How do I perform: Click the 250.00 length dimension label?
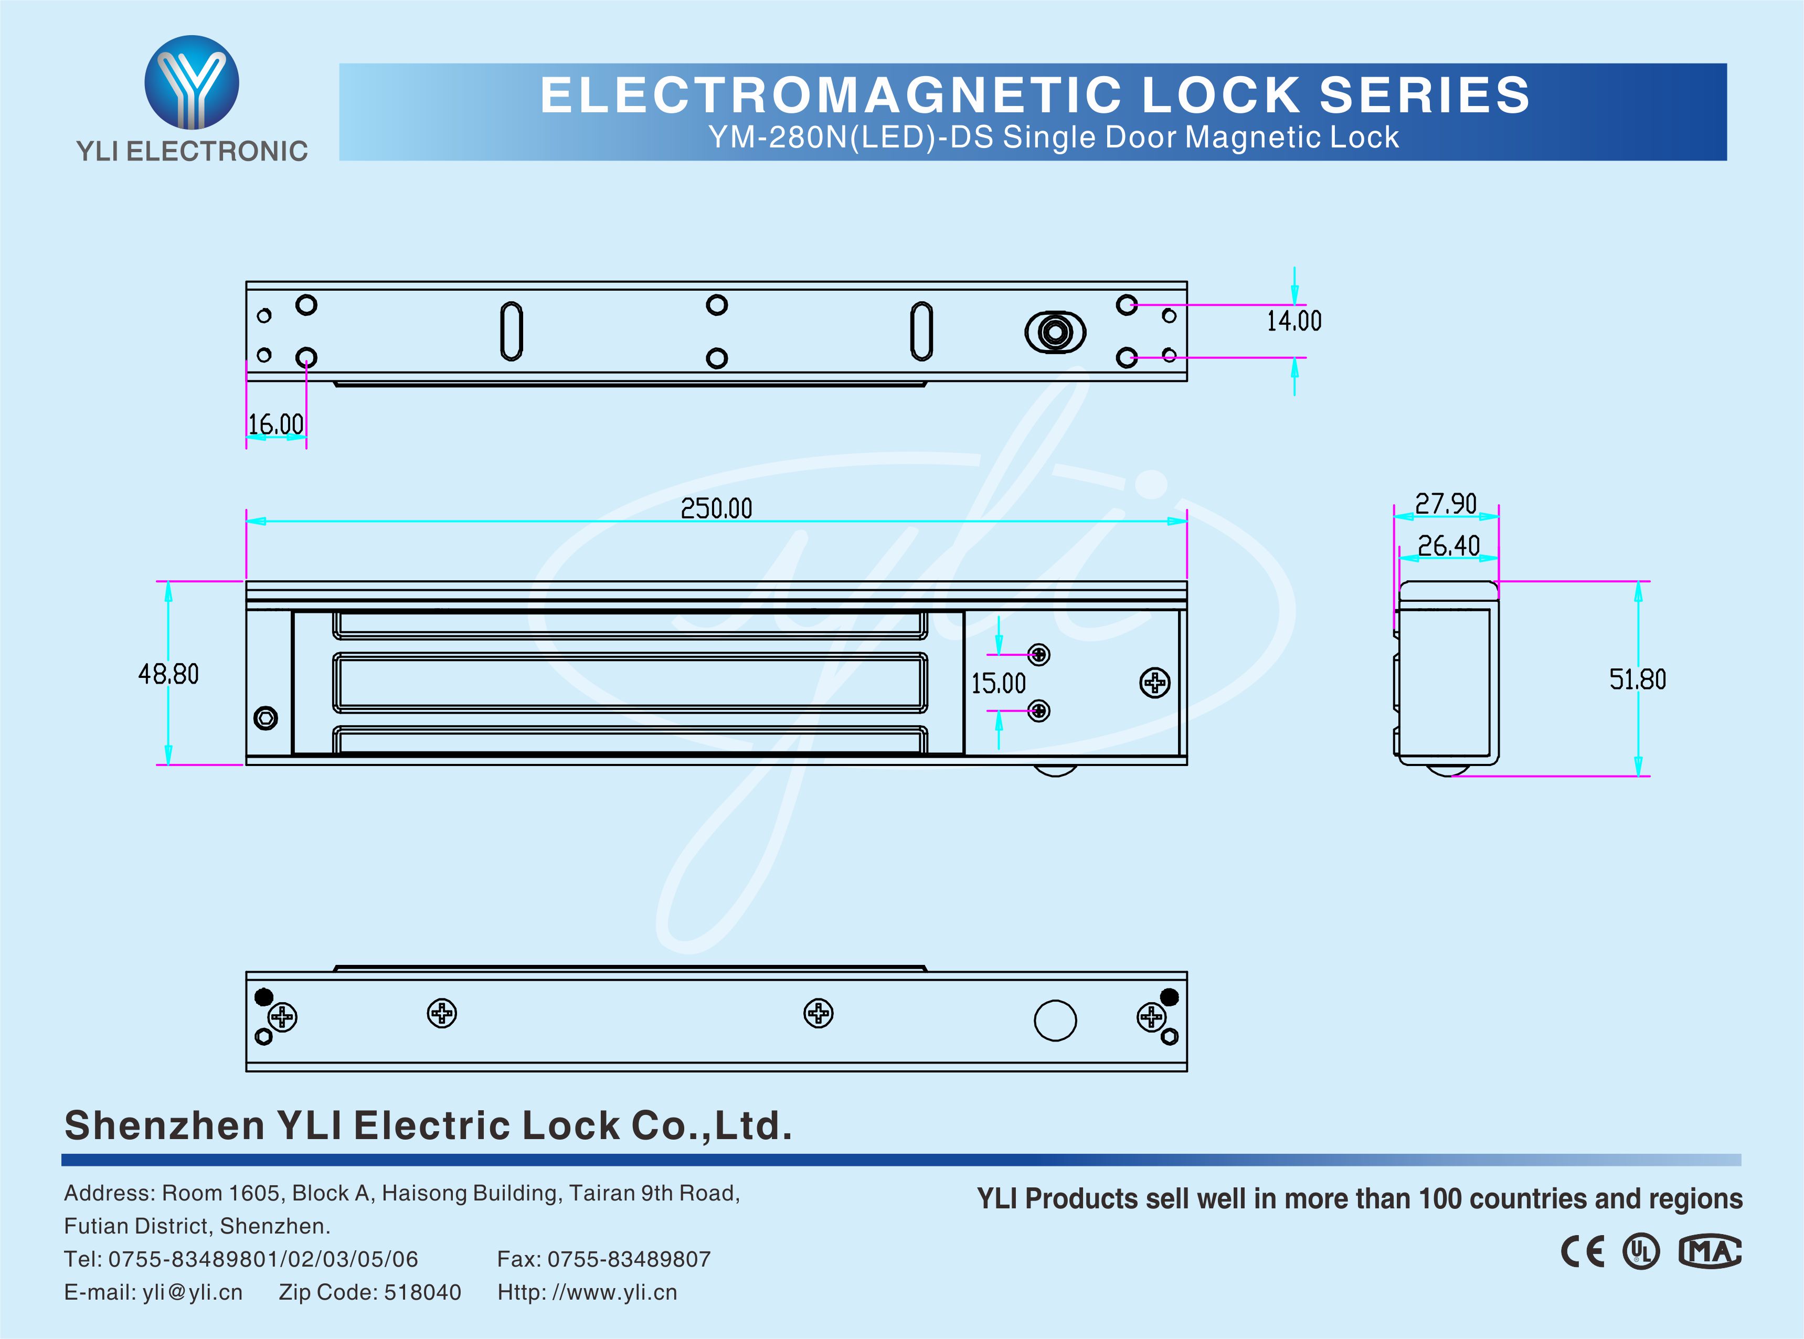pyautogui.click(x=716, y=508)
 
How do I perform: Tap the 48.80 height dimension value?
pyautogui.click(x=168, y=674)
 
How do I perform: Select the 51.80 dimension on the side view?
pyautogui.click(x=1637, y=679)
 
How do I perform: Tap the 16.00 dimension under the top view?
pyautogui.click(x=275, y=424)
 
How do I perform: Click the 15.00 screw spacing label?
pyautogui.click(x=999, y=683)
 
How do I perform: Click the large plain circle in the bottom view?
pyautogui.click(x=1055, y=1021)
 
